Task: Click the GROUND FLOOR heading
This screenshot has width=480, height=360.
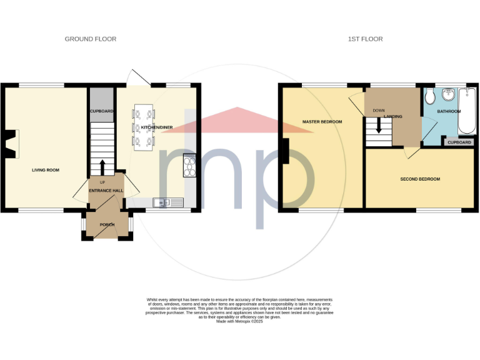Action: (x=91, y=39)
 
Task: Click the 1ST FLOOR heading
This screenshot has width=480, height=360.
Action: (x=366, y=39)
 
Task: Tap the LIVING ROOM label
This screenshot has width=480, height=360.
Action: (x=46, y=170)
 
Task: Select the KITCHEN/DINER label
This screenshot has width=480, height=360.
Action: (x=156, y=127)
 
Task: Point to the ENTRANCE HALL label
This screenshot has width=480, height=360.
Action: (x=106, y=190)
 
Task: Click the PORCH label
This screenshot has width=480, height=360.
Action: (x=107, y=225)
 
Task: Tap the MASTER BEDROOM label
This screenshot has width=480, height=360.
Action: (x=322, y=122)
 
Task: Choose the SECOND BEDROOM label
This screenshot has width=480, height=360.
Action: (x=420, y=179)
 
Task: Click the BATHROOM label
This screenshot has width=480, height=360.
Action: (x=449, y=112)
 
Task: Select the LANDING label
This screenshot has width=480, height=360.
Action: (x=393, y=117)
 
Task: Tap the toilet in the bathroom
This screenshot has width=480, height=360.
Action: (x=431, y=97)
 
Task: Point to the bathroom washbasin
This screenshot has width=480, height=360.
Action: (x=448, y=94)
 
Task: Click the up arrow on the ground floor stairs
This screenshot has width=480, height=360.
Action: (x=102, y=167)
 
